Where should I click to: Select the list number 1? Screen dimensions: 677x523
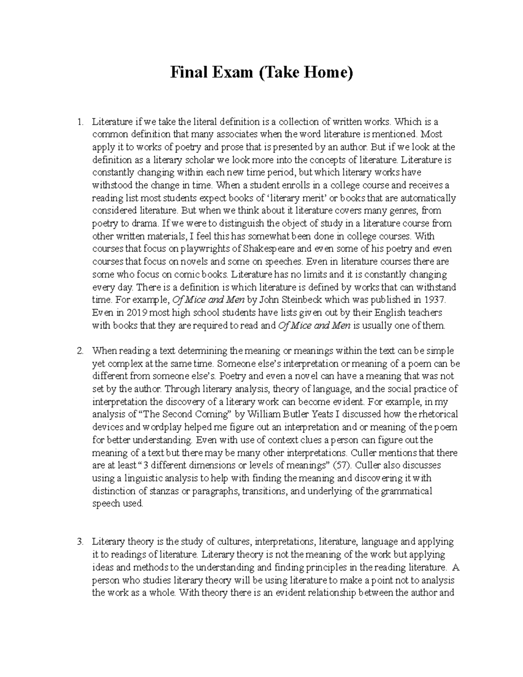80,122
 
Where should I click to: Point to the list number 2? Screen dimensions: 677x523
80,350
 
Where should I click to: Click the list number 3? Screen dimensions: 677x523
80,542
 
